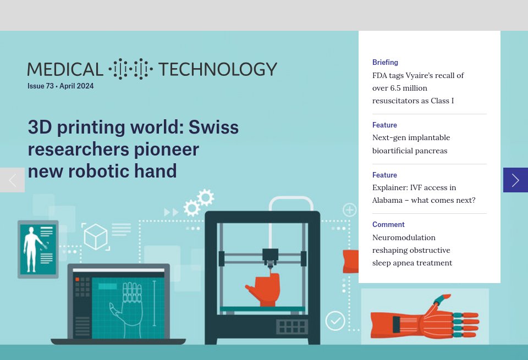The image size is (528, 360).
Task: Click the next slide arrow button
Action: tap(515, 180)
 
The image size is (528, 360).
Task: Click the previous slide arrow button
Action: tap(12, 180)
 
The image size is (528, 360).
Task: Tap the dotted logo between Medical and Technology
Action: tap(130, 69)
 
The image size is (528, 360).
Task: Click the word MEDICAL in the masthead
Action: tap(65, 69)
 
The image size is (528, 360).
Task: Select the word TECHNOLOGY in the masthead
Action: tap(217, 69)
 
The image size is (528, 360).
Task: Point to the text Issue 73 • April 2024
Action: tap(61, 86)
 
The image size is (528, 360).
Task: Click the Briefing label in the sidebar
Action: tap(385, 63)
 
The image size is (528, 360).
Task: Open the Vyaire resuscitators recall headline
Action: tap(418, 88)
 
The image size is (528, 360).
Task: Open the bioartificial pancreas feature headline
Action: tap(411, 144)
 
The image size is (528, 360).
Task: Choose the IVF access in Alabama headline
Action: tap(424, 193)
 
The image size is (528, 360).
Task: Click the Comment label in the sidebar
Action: tap(388, 224)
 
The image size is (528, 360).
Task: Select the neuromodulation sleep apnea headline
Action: tap(412, 250)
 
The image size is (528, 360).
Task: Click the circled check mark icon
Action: tap(335, 320)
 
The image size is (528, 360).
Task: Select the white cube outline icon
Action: tap(96, 237)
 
